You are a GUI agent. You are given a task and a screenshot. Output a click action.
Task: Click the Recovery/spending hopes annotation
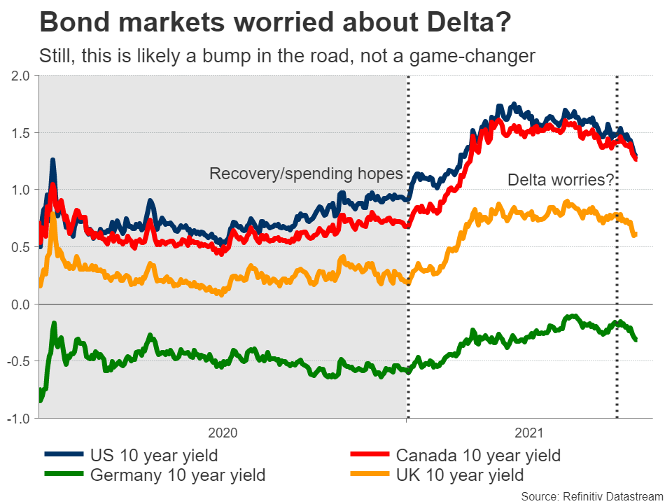click(307, 174)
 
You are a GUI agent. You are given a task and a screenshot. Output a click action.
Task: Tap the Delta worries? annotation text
click(561, 180)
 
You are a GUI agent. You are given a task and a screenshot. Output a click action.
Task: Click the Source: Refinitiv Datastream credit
click(591, 496)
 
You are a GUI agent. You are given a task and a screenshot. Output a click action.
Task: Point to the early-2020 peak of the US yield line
click(52, 161)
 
